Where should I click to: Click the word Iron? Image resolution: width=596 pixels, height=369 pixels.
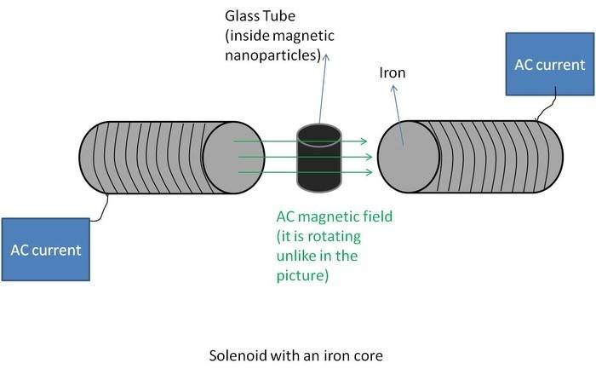[392, 74]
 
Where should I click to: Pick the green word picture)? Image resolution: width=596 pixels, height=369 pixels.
[301, 277]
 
